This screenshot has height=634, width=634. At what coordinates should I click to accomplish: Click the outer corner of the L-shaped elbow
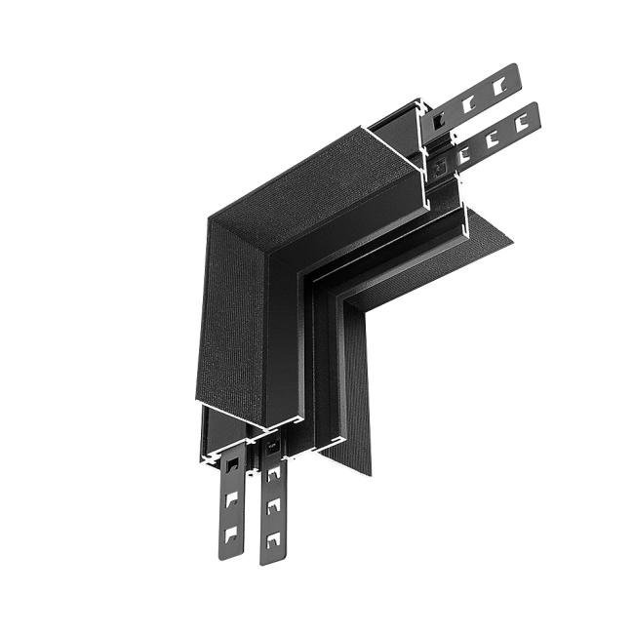[x=209, y=217]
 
